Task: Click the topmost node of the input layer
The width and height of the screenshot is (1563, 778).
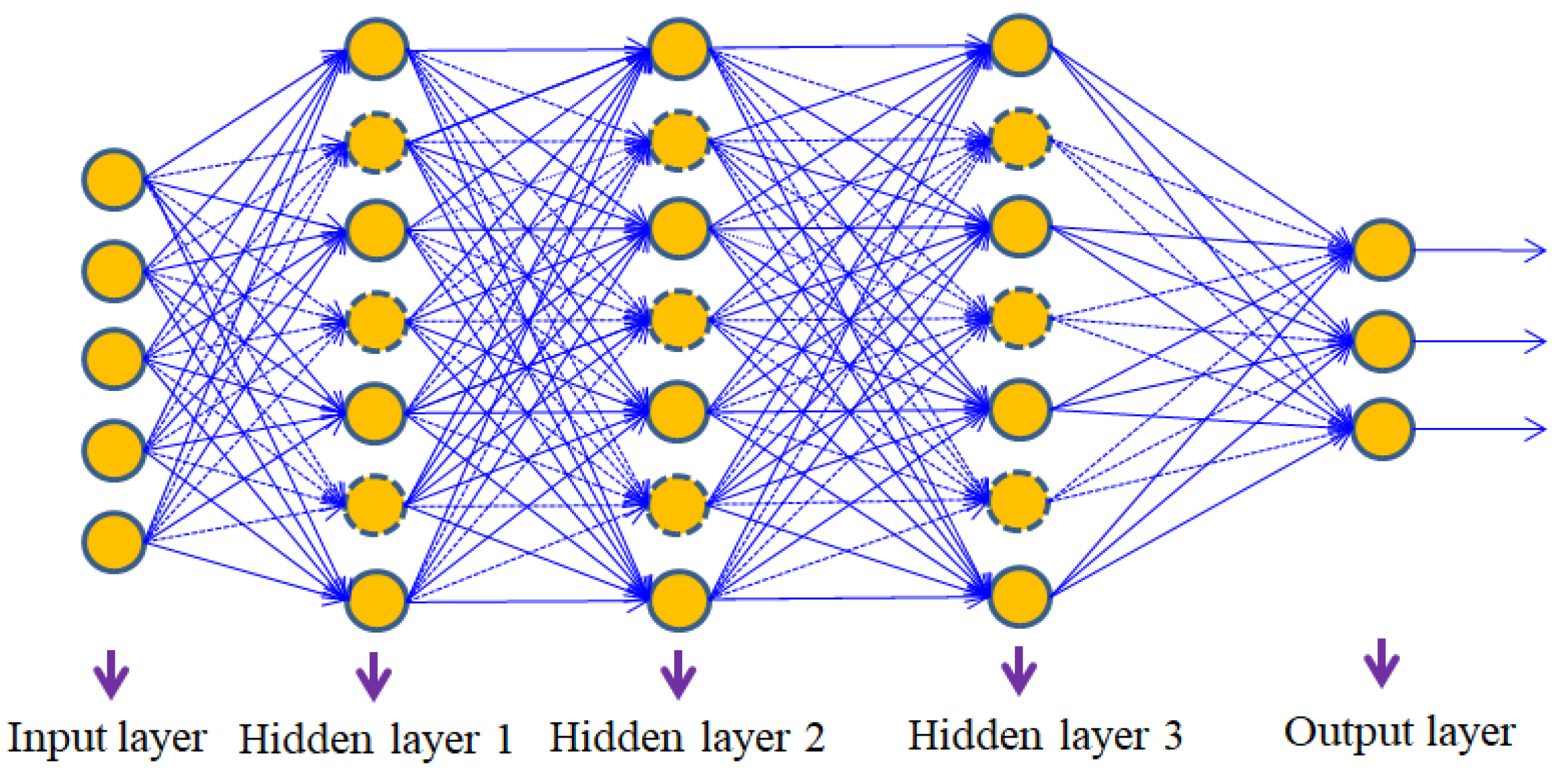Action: (113, 179)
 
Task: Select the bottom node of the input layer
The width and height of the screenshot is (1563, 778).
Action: (113, 541)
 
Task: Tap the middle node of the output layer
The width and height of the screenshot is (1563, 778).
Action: (1382, 341)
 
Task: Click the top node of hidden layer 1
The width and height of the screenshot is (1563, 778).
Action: (376, 49)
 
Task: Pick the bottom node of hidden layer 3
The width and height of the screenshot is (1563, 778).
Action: (1019, 596)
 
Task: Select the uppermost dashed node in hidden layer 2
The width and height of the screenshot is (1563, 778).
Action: (678, 140)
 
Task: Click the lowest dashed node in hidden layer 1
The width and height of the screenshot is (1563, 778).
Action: (375, 505)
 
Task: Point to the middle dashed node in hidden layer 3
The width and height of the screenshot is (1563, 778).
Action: (1019, 318)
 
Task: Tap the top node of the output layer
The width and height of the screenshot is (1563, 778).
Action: (1382, 250)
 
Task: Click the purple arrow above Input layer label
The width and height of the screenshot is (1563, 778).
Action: (111, 674)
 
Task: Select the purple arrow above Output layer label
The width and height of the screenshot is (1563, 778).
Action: (1381, 663)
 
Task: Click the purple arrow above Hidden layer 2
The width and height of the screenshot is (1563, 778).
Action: (677, 674)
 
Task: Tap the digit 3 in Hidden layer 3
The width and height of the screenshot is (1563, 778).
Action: (1172, 736)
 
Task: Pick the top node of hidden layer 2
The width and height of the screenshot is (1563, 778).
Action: (678, 49)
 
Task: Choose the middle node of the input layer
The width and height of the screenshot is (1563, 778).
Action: (113, 359)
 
